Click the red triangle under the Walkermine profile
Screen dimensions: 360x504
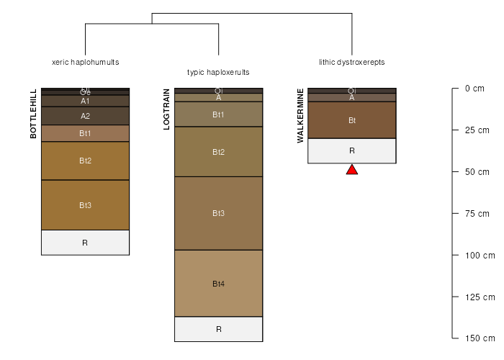pos(352,170)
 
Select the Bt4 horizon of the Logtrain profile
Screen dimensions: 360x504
pos(218,284)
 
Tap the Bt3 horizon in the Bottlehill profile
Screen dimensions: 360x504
pos(85,205)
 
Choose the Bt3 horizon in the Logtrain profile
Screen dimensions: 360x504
pos(218,213)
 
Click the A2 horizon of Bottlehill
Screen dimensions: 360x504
pos(85,116)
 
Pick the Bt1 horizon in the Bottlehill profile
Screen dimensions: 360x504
pos(85,133)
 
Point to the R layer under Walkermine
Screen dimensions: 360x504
pos(352,150)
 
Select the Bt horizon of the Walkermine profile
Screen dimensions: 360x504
pos(352,120)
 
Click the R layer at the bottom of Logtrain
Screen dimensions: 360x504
pos(218,329)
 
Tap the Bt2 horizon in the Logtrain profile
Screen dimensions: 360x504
pos(218,152)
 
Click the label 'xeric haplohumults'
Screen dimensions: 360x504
pos(86,62)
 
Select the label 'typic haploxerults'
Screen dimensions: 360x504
pos(218,72)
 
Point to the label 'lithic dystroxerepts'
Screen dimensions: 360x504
pos(352,62)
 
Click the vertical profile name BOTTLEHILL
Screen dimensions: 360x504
pos(33,114)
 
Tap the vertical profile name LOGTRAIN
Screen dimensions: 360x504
pos(166,109)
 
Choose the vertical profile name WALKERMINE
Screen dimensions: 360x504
pos(300,116)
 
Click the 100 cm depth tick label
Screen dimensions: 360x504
pos(480,255)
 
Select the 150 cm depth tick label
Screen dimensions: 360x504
pos(480,338)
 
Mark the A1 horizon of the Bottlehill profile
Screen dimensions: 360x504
pos(85,101)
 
